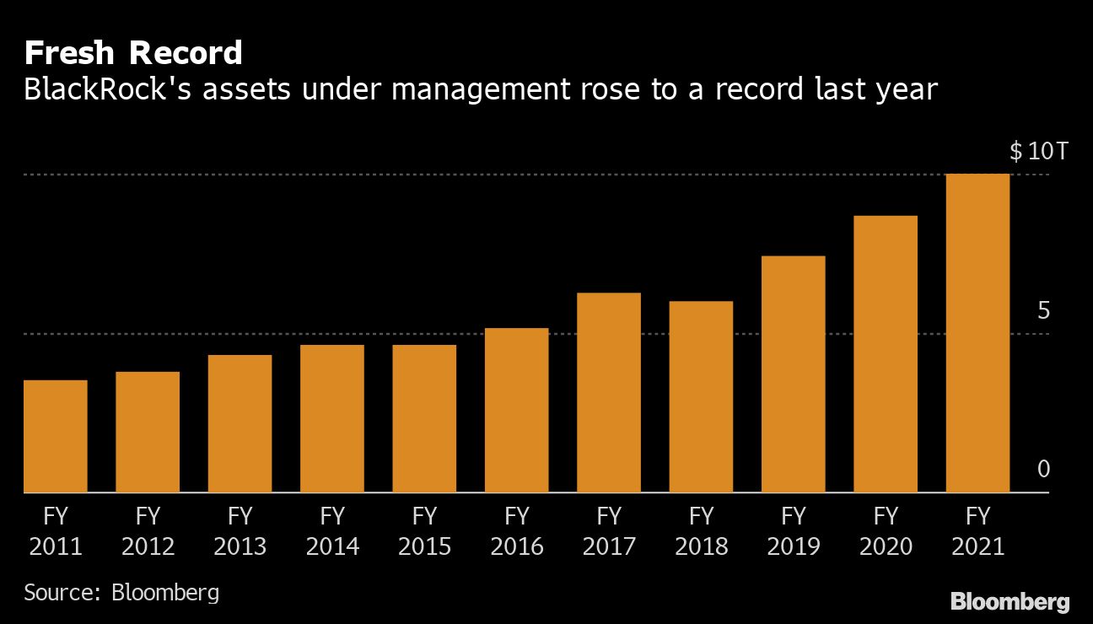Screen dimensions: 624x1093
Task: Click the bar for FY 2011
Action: click(x=55, y=436)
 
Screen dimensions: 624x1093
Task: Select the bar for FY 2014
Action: click(x=332, y=418)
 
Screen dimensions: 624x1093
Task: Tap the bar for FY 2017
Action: click(x=609, y=392)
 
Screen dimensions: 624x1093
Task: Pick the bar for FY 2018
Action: click(x=701, y=396)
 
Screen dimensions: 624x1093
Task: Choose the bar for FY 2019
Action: click(x=793, y=374)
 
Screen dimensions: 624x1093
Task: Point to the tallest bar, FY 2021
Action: click(x=977, y=333)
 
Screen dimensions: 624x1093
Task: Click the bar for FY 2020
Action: click(x=886, y=354)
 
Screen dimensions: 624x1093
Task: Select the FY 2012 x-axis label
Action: click(x=148, y=531)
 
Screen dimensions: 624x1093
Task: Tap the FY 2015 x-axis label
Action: click(x=424, y=531)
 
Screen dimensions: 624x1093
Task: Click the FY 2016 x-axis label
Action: click(x=516, y=531)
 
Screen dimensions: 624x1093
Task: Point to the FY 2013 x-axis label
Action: click(x=240, y=531)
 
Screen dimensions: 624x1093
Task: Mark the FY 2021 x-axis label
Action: click(x=977, y=531)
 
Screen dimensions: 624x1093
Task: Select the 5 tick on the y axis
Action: click(x=1043, y=311)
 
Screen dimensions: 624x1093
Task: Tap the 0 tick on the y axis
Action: click(x=1043, y=469)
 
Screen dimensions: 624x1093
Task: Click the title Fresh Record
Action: click(x=133, y=53)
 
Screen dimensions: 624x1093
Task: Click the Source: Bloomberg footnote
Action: click(x=121, y=592)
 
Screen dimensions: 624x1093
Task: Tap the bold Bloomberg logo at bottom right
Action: click(x=1010, y=601)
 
